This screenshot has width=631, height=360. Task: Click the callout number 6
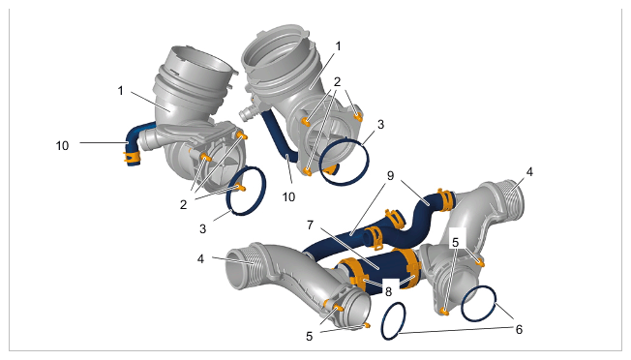coord(519,329)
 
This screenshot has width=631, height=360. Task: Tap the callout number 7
coord(310,225)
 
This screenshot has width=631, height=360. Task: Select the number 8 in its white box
coord(388,291)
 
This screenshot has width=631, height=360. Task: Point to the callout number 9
coord(390,176)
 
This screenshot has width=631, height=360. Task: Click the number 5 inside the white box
coord(455,242)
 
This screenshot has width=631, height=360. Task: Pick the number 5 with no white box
coord(309,336)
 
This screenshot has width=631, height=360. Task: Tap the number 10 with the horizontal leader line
coord(62,145)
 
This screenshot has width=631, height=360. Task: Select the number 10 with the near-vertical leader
coord(288,196)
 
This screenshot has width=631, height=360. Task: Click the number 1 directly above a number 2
coord(338,46)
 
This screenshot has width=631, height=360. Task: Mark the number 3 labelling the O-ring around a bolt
coord(202,229)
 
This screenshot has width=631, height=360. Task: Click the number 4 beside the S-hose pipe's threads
coord(529,171)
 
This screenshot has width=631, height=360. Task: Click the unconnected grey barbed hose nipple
coord(248,113)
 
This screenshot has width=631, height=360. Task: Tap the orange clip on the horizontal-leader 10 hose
coord(132,156)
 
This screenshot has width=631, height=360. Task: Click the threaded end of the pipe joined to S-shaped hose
coord(513,200)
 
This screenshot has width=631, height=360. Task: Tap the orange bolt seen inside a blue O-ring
coord(241,188)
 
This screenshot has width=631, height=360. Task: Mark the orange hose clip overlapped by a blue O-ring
coord(331,169)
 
